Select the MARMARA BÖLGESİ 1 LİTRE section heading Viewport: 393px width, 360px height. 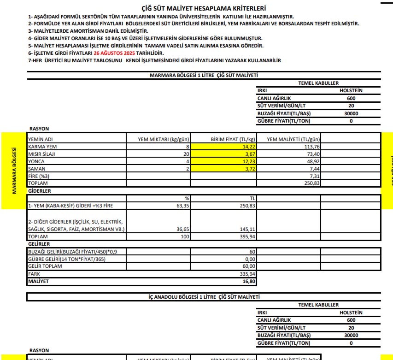[x=204, y=75]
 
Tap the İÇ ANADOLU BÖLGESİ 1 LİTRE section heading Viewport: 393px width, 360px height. [x=204, y=297]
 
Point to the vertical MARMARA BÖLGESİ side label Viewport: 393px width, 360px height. [x=14, y=171]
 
